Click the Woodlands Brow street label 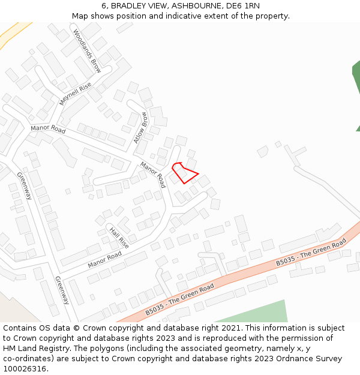click(x=87, y=51)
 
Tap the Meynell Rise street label click(x=76, y=95)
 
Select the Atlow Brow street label click(x=140, y=128)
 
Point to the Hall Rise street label click(x=119, y=238)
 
